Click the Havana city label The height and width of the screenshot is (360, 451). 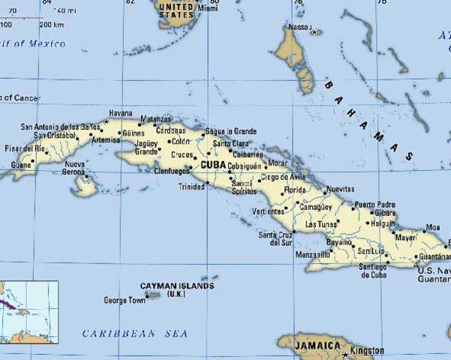point(120,113)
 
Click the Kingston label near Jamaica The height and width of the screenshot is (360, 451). point(367,350)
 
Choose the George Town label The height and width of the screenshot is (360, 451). point(125,300)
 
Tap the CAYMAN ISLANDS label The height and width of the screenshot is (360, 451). point(177,286)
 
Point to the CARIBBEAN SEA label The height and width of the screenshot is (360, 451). point(135,333)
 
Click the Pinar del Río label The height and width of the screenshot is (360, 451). point(26,149)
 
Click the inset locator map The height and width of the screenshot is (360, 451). point(29,310)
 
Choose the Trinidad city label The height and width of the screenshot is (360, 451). point(191,186)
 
